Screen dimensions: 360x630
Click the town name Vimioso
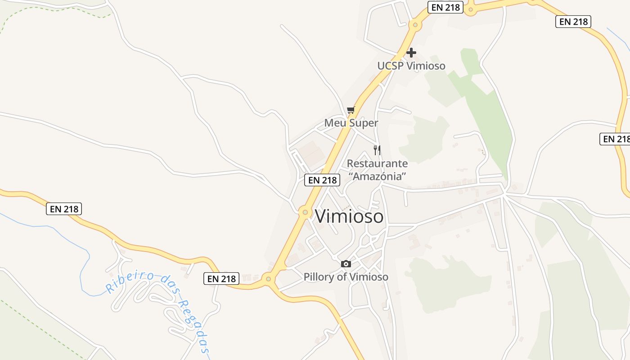click(349, 216)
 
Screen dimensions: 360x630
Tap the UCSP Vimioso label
click(411, 66)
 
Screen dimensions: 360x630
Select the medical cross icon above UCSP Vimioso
click(411, 53)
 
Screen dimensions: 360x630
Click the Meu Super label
click(351, 123)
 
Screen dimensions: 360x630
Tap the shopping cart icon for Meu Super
click(351, 110)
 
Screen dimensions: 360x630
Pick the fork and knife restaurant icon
click(377, 150)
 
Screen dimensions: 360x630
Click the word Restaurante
click(378, 163)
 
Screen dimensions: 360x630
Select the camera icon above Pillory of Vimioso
click(346, 264)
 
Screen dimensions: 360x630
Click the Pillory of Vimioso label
click(346, 277)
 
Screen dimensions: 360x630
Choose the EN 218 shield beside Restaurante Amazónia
click(322, 180)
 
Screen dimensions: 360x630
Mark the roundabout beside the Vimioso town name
click(305, 212)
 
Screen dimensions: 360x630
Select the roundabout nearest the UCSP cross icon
click(414, 25)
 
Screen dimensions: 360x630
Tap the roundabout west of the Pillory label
click(269, 279)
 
